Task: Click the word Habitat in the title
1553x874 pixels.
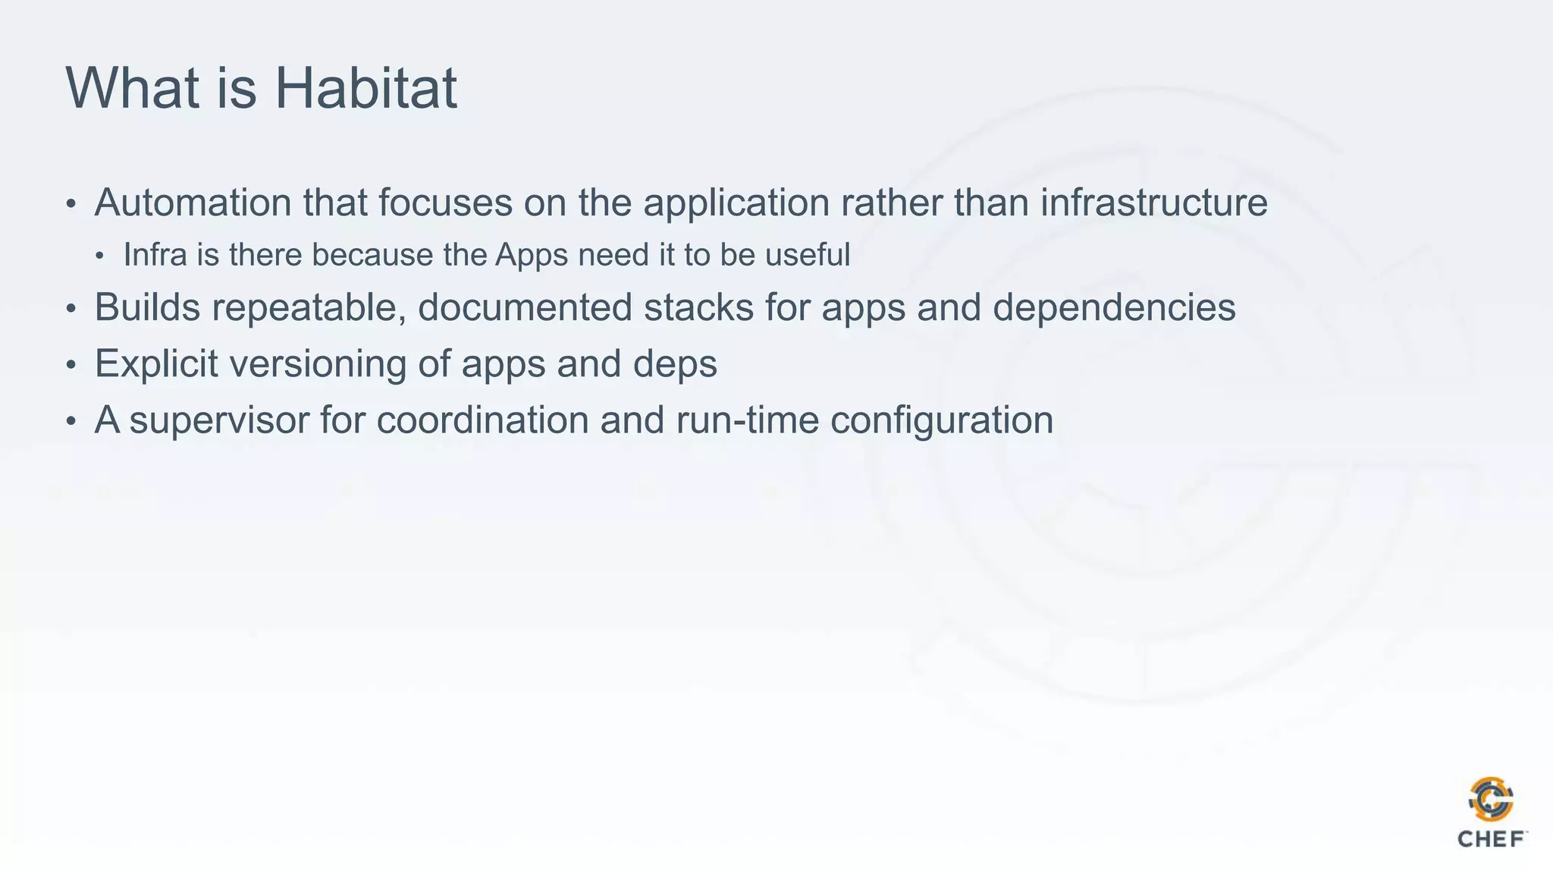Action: (366, 88)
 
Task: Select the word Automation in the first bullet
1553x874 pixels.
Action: (193, 203)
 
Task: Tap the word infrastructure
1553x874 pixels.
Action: (1153, 203)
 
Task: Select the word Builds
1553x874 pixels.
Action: (147, 307)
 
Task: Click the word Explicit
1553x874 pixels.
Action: (156, 364)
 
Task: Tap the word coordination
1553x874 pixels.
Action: (482, 420)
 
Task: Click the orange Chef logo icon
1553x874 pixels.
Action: (1491, 799)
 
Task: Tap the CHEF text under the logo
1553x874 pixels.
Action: (1491, 839)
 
